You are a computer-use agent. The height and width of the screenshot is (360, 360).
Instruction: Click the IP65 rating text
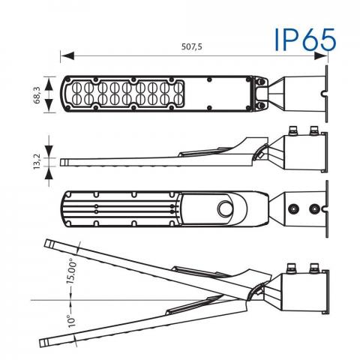305,40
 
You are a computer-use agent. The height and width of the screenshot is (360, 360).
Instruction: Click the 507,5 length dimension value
192,46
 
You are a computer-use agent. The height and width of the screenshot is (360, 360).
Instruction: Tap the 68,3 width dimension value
37,95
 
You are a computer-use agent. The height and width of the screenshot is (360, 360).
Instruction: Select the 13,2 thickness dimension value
37,161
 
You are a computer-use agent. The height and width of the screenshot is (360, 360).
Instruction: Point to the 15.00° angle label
71,271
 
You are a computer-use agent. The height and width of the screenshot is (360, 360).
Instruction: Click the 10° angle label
72,321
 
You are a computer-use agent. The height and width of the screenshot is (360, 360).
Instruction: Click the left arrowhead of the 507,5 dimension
67,56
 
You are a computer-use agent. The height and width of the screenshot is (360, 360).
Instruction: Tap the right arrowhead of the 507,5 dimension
320,56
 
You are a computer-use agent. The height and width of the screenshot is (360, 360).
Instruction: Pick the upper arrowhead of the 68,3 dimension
49,84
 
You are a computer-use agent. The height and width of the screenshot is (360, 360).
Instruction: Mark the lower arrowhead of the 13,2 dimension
49,173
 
